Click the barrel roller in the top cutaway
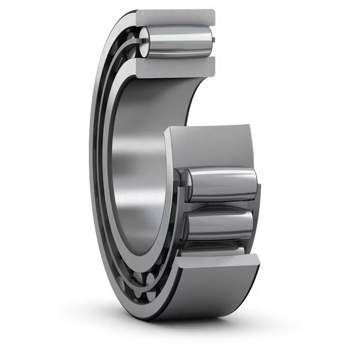coord(177,41)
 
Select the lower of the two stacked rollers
coord(219,224)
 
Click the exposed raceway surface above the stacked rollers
coord(210,147)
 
